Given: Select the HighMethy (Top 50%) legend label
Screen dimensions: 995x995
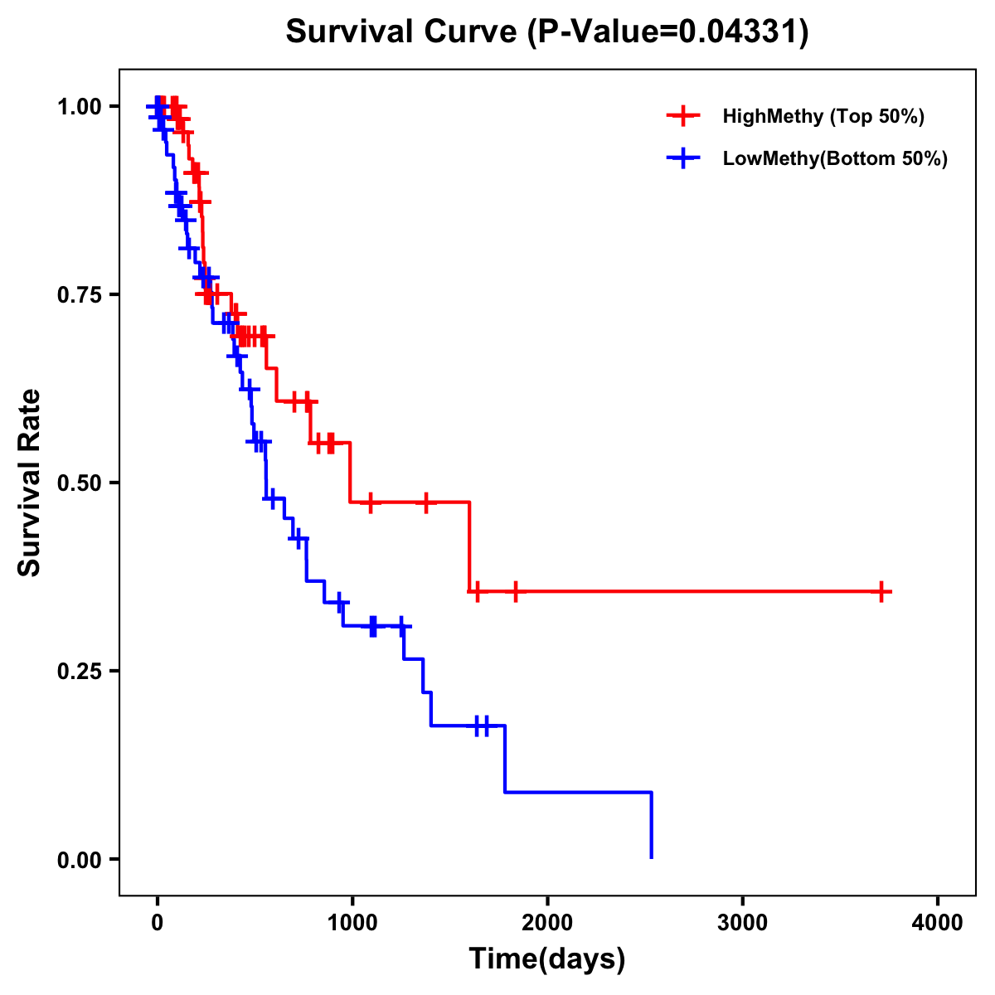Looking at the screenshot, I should tap(823, 116).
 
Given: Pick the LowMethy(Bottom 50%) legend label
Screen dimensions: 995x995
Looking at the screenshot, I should tap(835, 159).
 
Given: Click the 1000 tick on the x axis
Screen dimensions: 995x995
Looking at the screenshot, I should tap(352, 922).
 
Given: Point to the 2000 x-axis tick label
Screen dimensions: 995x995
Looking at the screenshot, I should tap(547, 922).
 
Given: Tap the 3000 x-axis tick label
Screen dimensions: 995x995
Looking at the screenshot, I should tap(742, 922).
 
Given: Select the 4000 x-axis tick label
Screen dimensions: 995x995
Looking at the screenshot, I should tap(938, 922).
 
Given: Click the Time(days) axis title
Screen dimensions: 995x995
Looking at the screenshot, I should tap(547, 959).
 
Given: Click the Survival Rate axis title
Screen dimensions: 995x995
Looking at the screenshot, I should tap(30, 483).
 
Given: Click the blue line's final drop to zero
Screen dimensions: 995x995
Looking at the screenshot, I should tap(652, 825).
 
